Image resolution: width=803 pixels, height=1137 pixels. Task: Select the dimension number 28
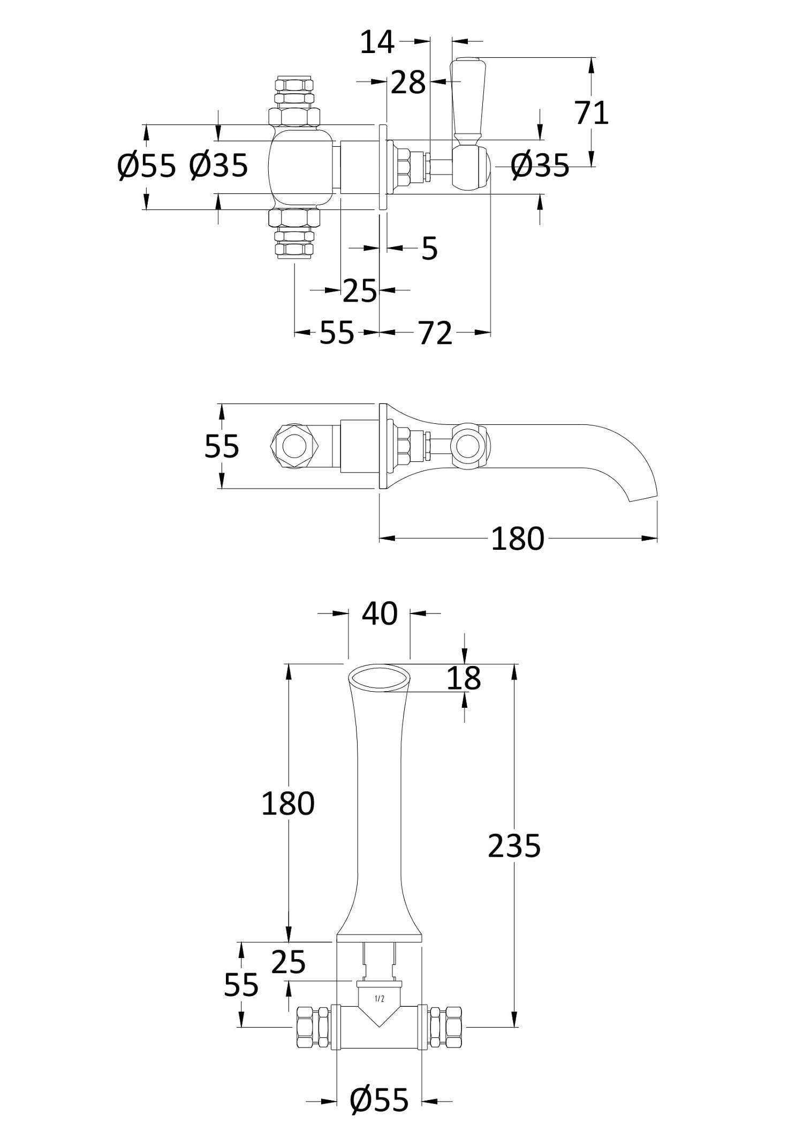(x=408, y=83)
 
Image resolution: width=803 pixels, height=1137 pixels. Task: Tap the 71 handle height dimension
(x=592, y=113)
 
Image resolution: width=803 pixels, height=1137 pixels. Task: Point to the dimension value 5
(x=429, y=249)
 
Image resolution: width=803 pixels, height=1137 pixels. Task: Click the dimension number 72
(x=435, y=333)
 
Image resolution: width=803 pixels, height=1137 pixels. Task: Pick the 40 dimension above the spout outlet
(x=380, y=614)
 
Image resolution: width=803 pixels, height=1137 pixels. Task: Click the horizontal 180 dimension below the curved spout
(x=518, y=538)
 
